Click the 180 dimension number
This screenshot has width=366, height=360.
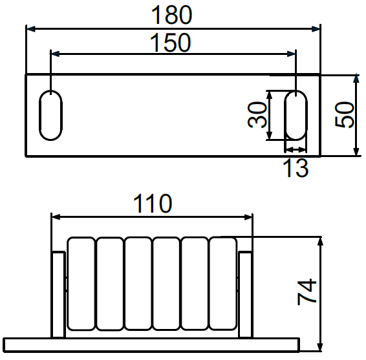(x=171, y=15)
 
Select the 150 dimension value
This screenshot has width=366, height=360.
(x=171, y=43)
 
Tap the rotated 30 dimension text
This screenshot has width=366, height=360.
(x=257, y=115)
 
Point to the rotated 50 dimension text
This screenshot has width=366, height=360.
(x=344, y=114)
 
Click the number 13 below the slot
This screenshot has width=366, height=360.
(x=296, y=167)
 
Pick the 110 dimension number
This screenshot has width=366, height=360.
(x=153, y=203)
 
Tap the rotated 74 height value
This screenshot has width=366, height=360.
(x=307, y=292)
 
